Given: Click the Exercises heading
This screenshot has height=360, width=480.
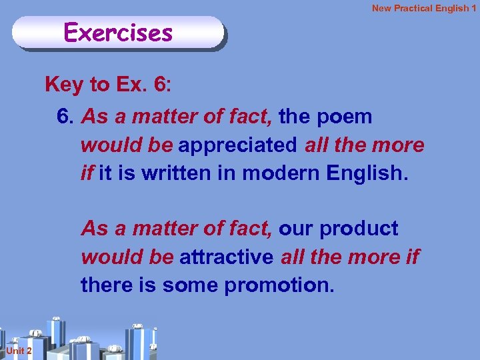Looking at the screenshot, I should point(118,32).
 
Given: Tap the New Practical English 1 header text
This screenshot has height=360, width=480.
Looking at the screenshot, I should point(424,8).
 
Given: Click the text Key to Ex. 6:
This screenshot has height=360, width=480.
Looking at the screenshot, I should point(108,85).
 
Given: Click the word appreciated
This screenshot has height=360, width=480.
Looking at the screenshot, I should point(239,145).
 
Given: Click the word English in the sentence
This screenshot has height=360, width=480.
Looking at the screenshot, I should point(365,174).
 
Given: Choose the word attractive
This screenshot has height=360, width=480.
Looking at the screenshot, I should point(227,257).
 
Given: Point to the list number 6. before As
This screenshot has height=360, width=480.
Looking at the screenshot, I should point(65,117).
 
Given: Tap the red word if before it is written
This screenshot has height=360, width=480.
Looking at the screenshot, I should point(87,174).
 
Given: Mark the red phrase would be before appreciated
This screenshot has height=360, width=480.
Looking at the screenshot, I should point(127,145).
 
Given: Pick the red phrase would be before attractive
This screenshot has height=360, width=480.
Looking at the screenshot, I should point(127,257).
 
